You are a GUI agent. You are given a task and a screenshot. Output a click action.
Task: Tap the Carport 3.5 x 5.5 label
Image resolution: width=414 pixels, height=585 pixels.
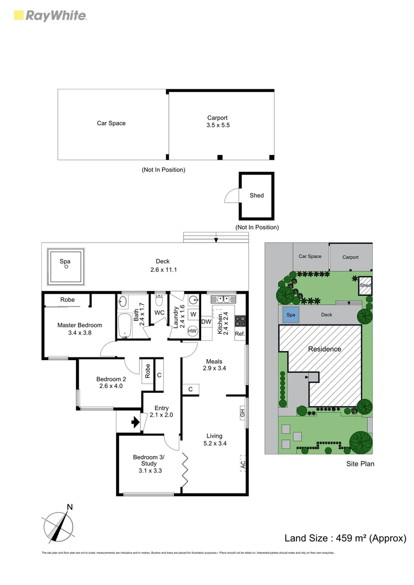pyautogui.click(x=217, y=121)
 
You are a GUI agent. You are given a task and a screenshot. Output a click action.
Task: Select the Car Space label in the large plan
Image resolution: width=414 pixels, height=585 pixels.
pyautogui.click(x=111, y=123)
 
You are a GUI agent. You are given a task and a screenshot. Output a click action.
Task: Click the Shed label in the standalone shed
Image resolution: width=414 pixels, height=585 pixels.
pyautogui.click(x=256, y=196)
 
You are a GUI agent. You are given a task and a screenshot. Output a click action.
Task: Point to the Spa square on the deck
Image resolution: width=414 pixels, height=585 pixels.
pyautogui.click(x=66, y=266)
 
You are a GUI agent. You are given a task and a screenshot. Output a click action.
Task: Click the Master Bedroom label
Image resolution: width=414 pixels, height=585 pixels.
pyautogui.click(x=80, y=329)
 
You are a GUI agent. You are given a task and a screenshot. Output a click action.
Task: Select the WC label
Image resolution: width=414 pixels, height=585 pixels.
pyautogui.click(x=159, y=313)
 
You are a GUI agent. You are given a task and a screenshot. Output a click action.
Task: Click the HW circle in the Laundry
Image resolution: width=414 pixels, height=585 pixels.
pyautogui.click(x=192, y=330)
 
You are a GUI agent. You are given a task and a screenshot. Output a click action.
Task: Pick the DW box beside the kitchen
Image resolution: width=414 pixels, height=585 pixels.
pyautogui.click(x=206, y=322)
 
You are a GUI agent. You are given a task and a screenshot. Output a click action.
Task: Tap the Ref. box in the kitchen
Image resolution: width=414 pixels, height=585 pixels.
pyautogui.click(x=240, y=334)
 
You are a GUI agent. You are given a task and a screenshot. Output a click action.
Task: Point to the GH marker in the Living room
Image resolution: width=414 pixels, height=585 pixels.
pyautogui.click(x=242, y=413)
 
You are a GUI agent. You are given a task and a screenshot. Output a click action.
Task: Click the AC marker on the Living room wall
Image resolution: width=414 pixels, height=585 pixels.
pyautogui.click(x=243, y=464)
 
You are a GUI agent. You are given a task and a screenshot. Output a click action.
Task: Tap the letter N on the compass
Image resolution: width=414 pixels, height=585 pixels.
pyautogui.click(x=69, y=508)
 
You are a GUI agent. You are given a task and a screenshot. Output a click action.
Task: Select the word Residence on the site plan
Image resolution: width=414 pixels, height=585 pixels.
pyautogui.click(x=325, y=349)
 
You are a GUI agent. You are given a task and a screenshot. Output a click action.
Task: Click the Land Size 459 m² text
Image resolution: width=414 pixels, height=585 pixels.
pyautogui.click(x=345, y=538)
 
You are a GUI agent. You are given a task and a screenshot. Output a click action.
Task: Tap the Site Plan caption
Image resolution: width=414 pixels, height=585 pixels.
pyautogui.click(x=360, y=464)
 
